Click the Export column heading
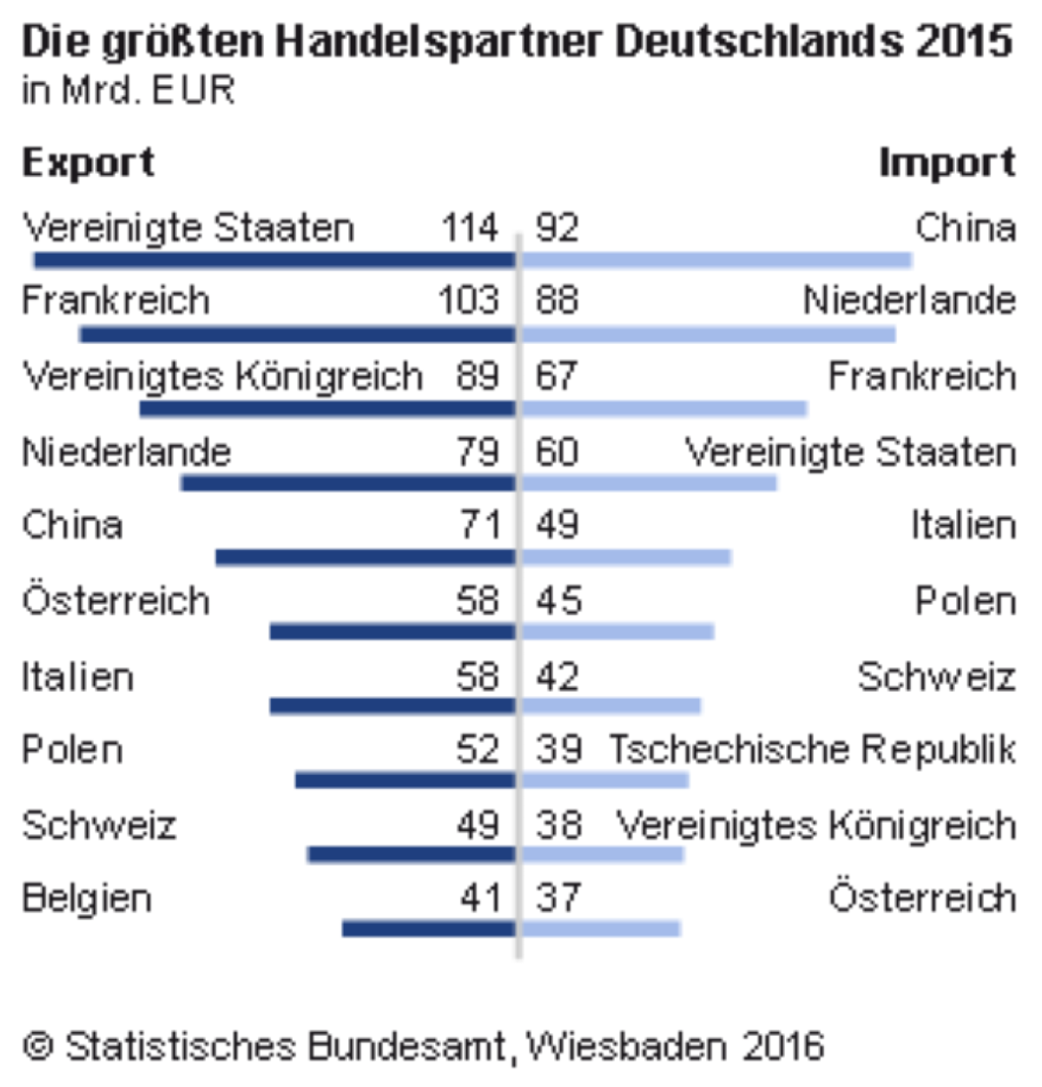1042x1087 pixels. (x=88, y=163)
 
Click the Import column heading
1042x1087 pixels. (x=946, y=163)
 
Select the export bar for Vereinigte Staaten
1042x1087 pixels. (x=274, y=260)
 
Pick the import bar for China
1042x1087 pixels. (x=717, y=260)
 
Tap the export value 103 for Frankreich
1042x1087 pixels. (x=469, y=301)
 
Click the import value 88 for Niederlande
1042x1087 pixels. (x=557, y=301)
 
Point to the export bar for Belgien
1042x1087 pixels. (x=429, y=929)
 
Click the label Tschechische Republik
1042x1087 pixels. (x=811, y=750)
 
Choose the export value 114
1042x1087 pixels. (x=470, y=229)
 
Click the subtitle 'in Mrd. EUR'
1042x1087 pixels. (x=129, y=90)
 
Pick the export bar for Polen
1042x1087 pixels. (x=405, y=779)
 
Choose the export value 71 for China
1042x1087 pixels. (x=480, y=526)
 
